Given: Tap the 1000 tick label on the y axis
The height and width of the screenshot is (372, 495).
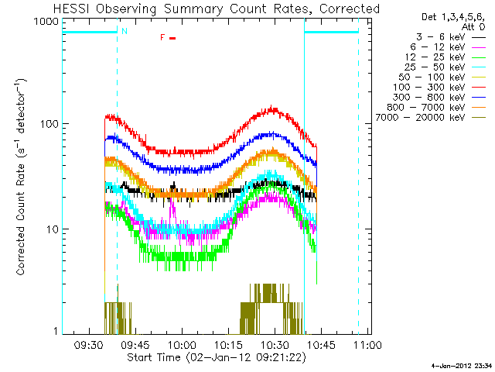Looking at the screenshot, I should [49, 22].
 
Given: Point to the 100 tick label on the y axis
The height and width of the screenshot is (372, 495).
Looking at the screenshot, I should [52, 124].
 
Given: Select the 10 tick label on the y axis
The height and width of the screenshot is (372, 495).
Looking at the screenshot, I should [54, 229].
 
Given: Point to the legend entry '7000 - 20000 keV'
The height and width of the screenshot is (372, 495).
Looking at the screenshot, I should [434, 117].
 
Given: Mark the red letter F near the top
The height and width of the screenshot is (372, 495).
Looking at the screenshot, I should [162, 37].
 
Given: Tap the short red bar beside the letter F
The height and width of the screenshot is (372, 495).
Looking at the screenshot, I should [173, 37].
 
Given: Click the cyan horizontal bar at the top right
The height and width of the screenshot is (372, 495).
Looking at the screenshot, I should [332, 32].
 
